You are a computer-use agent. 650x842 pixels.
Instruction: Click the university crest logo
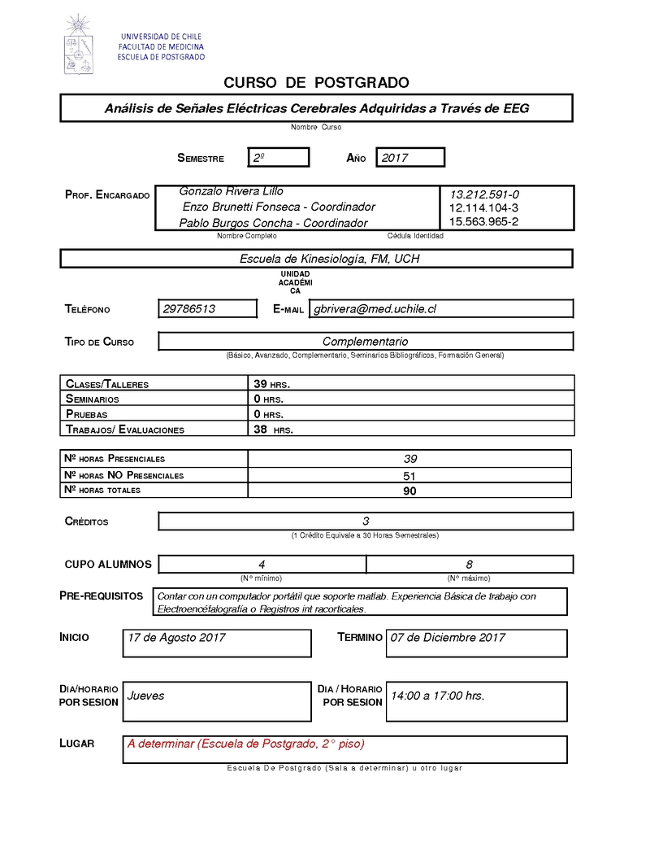79,44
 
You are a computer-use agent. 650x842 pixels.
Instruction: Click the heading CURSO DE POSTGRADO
316,83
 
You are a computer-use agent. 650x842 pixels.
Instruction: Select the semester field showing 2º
279,158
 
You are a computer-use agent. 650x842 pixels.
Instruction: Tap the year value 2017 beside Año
409,158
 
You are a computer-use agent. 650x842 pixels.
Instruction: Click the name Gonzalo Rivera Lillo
231,191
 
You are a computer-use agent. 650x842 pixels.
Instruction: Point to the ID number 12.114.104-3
483,208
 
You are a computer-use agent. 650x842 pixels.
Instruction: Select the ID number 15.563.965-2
483,221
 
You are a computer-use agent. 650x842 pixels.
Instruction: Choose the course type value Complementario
365,342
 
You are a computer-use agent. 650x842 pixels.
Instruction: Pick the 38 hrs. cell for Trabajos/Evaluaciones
273,430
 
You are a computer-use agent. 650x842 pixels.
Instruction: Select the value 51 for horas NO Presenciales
409,475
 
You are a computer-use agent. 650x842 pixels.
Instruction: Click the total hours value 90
409,491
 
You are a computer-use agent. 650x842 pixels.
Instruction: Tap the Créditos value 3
366,521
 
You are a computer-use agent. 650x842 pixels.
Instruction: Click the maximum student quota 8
470,564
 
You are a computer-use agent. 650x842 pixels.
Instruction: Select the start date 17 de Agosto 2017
176,638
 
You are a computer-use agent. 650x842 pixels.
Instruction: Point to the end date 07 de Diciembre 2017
448,638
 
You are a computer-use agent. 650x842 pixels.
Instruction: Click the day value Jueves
146,696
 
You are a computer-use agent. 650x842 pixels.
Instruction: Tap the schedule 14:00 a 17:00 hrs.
437,696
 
